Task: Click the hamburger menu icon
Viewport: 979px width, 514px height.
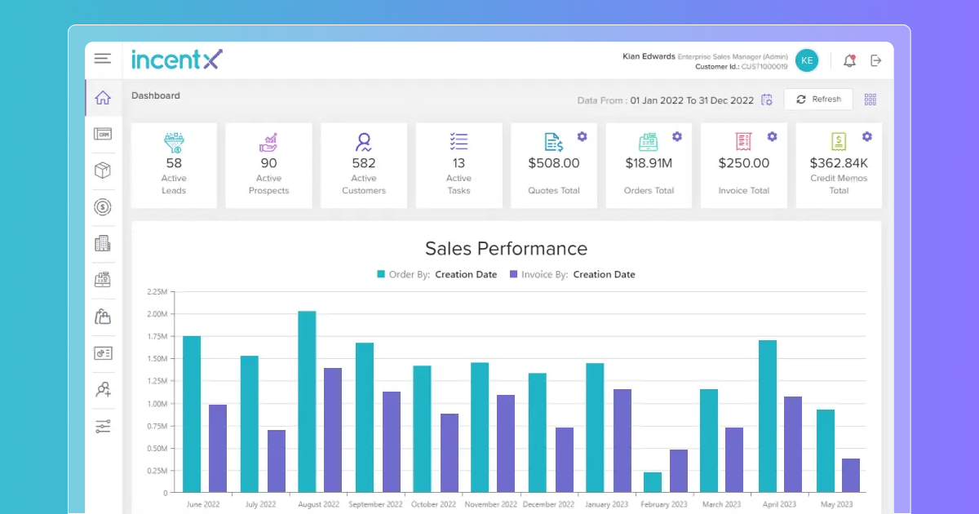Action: click(102, 59)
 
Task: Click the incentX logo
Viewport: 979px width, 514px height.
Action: click(177, 60)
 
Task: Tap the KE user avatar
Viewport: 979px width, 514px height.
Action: click(806, 60)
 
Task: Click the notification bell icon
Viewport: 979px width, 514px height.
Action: click(849, 60)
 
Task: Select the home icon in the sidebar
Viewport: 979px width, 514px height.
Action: click(103, 98)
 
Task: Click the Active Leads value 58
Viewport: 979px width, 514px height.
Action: click(174, 163)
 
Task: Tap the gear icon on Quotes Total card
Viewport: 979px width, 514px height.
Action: click(582, 136)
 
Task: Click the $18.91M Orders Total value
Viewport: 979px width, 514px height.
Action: click(649, 163)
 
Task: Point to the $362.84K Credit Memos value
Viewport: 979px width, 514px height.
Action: click(839, 163)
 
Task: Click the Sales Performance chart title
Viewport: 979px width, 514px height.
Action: click(506, 249)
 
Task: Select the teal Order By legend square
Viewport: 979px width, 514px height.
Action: click(381, 274)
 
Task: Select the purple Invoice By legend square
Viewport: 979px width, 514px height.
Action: click(514, 274)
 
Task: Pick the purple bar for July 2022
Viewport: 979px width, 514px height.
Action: click(277, 461)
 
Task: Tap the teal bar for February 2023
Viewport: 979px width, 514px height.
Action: click(652, 482)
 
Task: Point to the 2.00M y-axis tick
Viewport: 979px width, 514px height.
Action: click(157, 314)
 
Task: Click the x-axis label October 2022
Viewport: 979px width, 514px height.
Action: click(434, 504)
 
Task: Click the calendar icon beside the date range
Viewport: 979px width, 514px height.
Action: click(767, 100)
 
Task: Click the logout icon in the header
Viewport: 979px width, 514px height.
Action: click(876, 60)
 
